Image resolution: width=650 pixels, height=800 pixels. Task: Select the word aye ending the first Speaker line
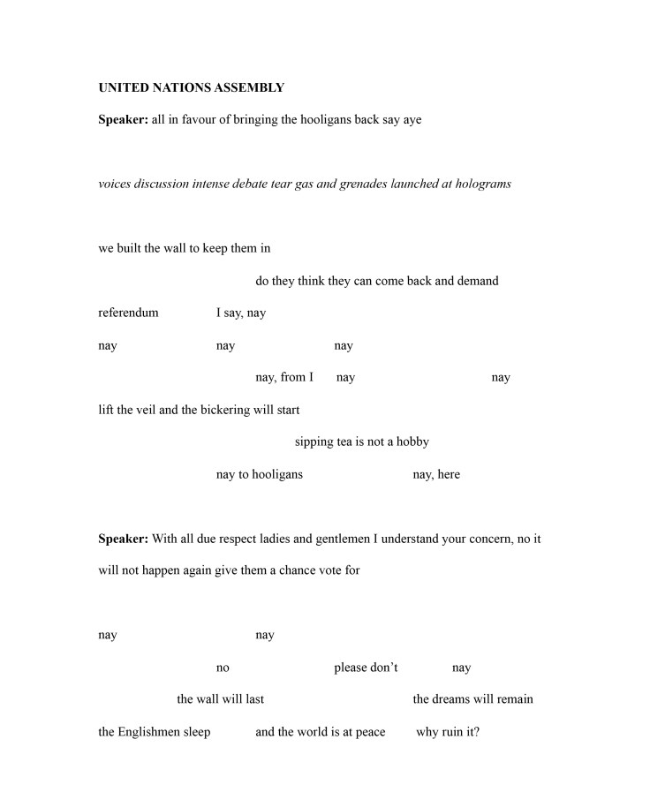pos(412,119)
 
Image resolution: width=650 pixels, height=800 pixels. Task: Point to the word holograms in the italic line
pos(481,184)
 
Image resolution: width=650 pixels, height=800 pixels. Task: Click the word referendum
pos(128,313)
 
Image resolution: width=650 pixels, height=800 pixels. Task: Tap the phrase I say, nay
pos(241,313)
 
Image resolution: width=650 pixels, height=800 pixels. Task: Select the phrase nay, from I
pos(284,377)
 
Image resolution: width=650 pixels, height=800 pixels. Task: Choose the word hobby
pos(412,442)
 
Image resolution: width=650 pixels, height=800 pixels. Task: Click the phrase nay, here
pos(436,474)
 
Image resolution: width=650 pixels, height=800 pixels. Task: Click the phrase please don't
pos(366,668)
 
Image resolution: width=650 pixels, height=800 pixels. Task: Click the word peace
pos(370,732)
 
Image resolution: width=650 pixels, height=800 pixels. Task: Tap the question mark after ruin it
pos(477,732)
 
